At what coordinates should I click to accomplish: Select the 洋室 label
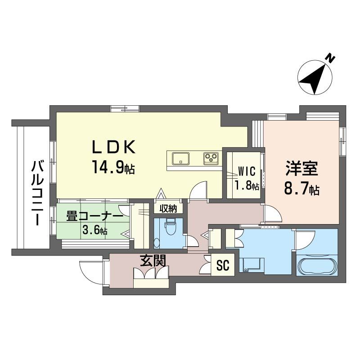tap(301, 169)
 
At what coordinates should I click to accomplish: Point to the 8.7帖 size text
tap(301, 189)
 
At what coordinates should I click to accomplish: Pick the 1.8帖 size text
tap(247, 185)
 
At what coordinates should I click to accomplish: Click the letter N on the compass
tap(331, 58)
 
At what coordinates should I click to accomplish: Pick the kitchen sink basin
tap(180, 158)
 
